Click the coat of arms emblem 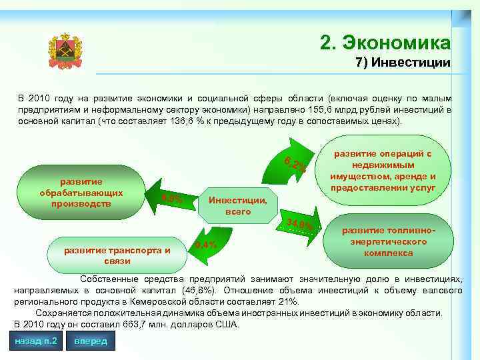click(65, 51)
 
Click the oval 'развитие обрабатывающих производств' click(81, 193)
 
